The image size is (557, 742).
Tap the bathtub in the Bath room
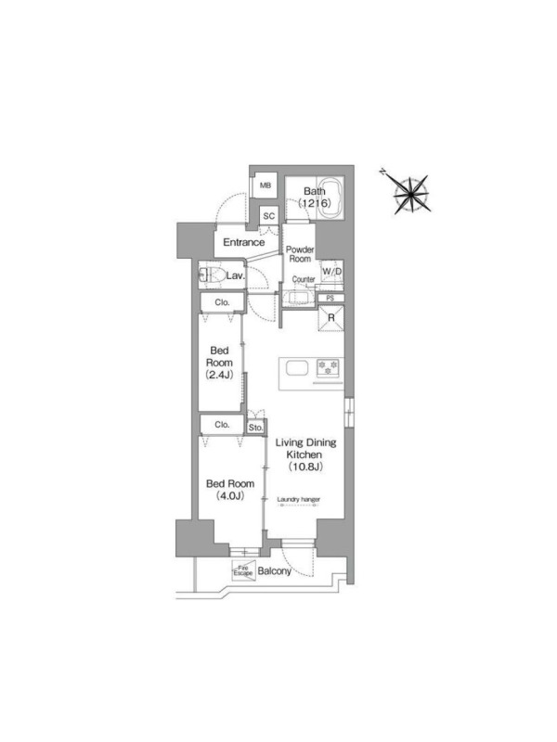pyautogui.click(x=330, y=198)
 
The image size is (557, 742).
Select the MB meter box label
pyautogui.click(x=266, y=185)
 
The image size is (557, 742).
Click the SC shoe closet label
pyautogui.click(x=269, y=216)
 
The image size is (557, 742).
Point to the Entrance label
pyautogui.click(x=243, y=242)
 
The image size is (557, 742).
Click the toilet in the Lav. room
pyautogui.click(x=212, y=275)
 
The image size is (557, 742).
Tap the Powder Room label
pyautogui.click(x=300, y=254)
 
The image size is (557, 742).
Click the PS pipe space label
pyautogui.click(x=330, y=298)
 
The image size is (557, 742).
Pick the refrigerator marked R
pyautogui.click(x=330, y=318)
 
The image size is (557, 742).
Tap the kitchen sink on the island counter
pyautogui.click(x=297, y=367)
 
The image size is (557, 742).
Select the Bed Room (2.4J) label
pyautogui.click(x=219, y=363)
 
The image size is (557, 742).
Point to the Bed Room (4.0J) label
pyautogui.click(x=229, y=490)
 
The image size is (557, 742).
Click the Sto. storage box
pyautogui.click(x=256, y=428)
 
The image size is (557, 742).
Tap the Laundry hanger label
pyautogui.click(x=298, y=499)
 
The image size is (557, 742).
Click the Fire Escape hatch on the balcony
pyautogui.click(x=243, y=570)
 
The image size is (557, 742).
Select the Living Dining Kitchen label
pyautogui.click(x=305, y=454)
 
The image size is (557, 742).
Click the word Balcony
pyautogui.click(x=274, y=571)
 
